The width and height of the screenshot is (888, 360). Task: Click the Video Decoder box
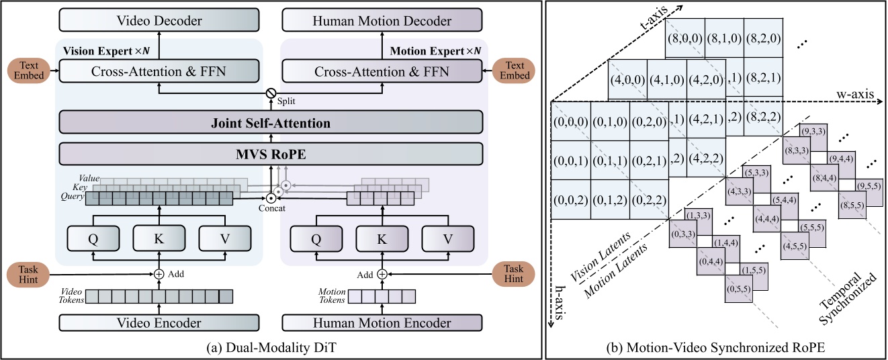(159, 21)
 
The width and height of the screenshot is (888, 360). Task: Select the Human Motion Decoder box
(383, 21)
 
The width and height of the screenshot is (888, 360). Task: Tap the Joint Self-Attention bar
(271, 123)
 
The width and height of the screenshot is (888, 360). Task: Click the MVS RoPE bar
(271, 154)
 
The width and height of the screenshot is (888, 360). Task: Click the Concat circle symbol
(271, 198)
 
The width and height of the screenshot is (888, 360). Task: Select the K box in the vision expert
(159, 238)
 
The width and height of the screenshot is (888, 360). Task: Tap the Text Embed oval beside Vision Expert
(28, 71)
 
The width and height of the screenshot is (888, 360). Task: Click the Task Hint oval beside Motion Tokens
(515, 273)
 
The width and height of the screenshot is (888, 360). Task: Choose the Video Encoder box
(159, 323)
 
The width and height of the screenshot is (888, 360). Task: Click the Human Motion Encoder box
(383, 323)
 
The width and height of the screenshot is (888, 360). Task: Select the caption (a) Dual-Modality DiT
(271, 348)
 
